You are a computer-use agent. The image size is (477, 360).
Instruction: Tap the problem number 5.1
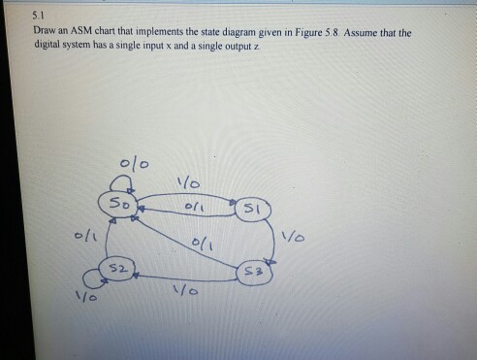point(37,16)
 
